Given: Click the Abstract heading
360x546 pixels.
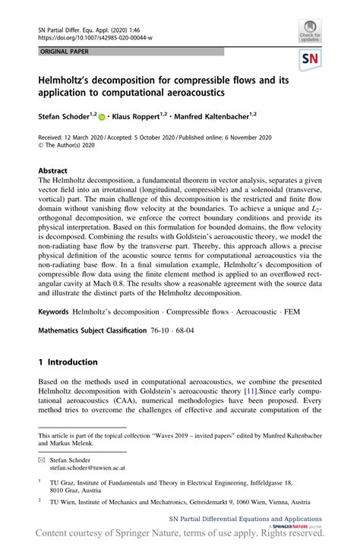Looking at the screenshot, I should pos(53,171).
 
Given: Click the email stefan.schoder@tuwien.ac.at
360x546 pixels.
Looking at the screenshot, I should pos(93,469).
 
